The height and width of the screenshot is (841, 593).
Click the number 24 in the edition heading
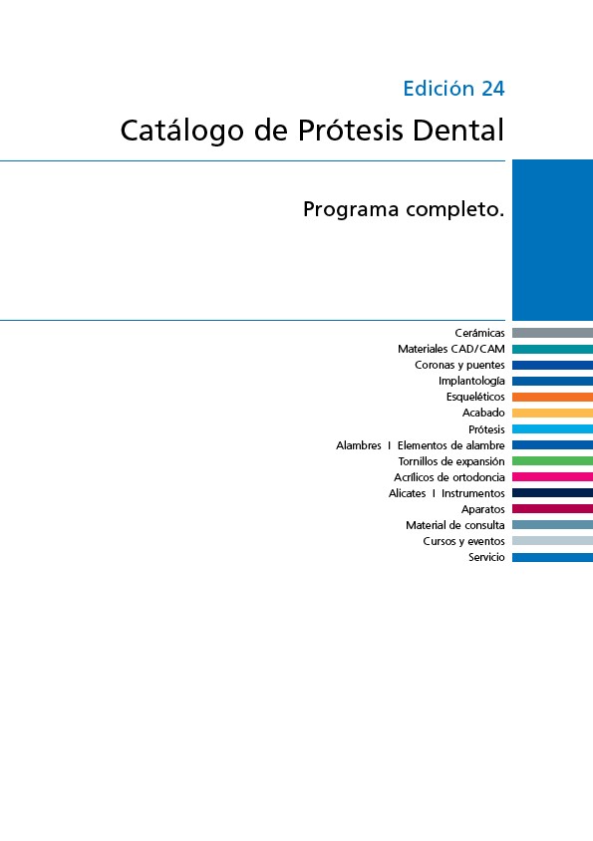pyautogui.click(x=492, y=89)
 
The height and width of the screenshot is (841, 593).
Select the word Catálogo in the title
pyautogui.click(x=182, y=132)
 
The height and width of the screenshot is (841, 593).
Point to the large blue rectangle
pyautogui.click(x=553, y=240)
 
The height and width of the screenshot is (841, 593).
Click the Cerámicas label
pyautogui.click(x=479, y=333)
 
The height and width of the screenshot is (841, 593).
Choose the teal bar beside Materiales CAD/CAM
pyautogui.click(x=553, y=349)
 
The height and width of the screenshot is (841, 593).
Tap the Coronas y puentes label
pyautogui.click(x=459, y=366)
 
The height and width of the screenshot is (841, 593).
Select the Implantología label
pyautogui.click(x=471, y=381)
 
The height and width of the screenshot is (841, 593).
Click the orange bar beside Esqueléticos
pyautogui.click(x=553, y=397)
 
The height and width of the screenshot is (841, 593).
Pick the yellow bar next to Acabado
pyautogui.click(x=553, y=413)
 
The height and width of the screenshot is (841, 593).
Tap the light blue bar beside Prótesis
pyautogui.click(x=553, y=429)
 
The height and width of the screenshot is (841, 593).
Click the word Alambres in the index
pyautogui.click(x=359, y=445)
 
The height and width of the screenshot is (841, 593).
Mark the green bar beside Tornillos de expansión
pyautogui.click(x=553, y=460)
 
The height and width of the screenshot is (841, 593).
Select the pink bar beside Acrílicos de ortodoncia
pyautogui.click(x=553, y=477)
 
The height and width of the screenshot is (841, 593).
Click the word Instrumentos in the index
pyautogui.click(x=472, y=493)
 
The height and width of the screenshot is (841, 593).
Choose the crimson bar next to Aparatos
pyautogui.click(x=553, y=508)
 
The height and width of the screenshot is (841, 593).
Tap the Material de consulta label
pyautogui.click(x=455, y=526)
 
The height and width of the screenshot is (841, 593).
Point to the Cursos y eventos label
pyautogui.click(x=463, y=541)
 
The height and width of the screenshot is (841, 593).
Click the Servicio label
pyautogui.click(x=486, y=557)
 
